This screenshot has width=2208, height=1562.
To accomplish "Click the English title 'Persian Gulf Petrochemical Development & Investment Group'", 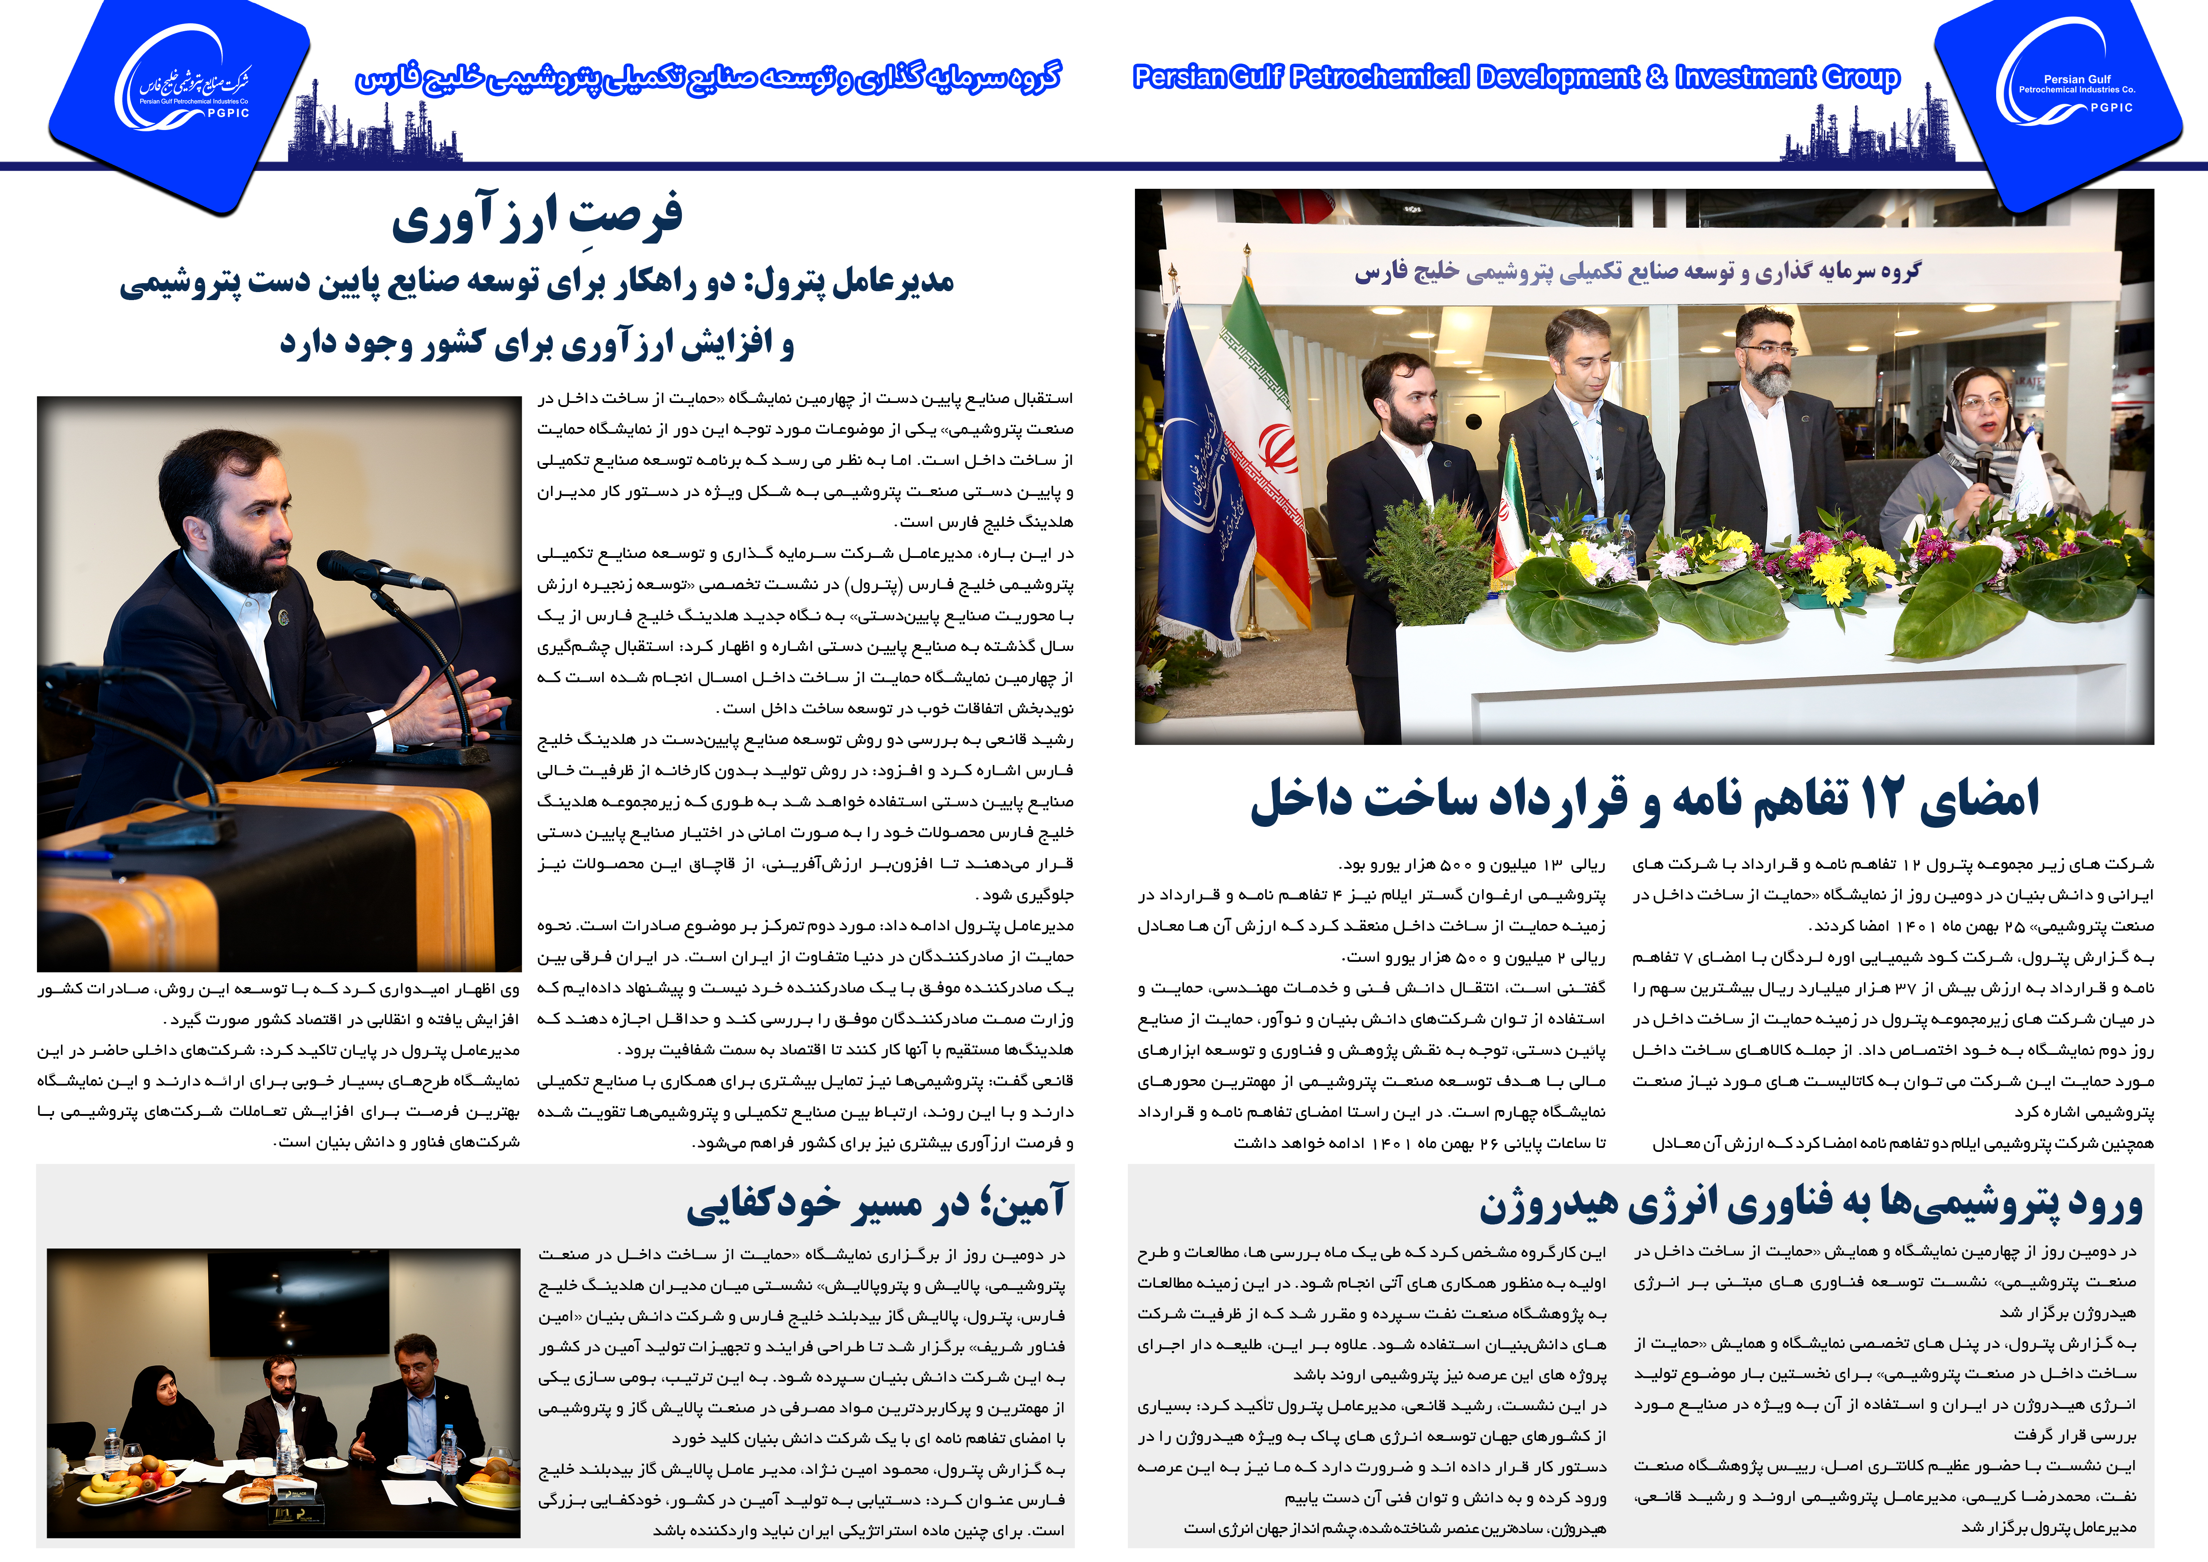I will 1515,77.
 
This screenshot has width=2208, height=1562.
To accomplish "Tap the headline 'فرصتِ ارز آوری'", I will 537,216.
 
